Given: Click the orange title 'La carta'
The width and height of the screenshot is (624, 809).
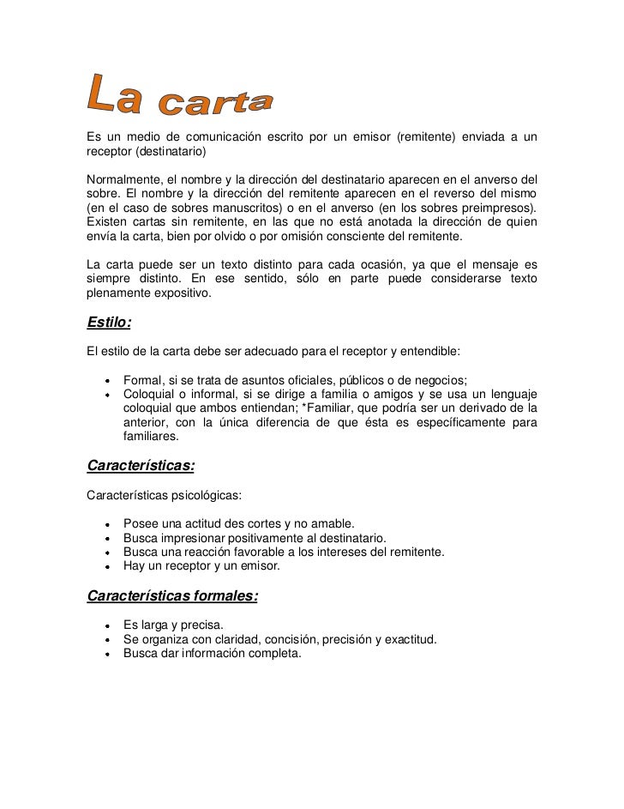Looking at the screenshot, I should [180, 95].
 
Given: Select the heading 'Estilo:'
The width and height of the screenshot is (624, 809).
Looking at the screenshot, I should [109, 323].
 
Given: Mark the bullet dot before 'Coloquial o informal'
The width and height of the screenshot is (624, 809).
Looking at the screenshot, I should [107, 395].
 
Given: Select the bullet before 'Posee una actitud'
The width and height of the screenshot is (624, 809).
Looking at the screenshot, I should [107, 524].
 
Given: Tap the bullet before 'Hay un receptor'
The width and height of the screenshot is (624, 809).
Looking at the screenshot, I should [107, 566].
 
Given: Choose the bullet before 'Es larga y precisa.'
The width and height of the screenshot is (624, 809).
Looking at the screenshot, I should [107, 625].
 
